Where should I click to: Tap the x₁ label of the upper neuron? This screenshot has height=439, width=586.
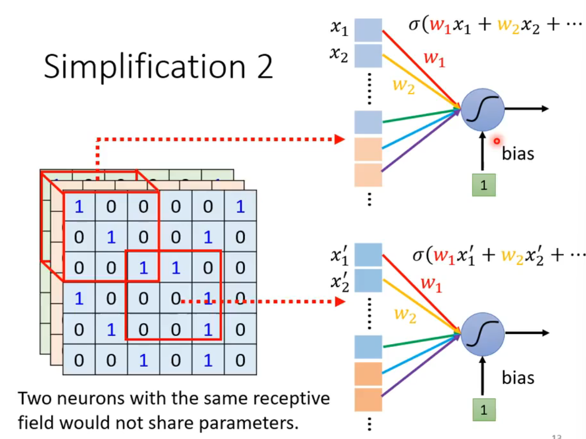(x=339, y=27)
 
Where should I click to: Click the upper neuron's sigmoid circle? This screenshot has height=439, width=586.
(x=482, y=109)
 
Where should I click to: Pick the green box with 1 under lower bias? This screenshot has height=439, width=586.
(x=483, y=410)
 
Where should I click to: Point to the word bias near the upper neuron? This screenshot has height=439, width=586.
(x=518, y=154)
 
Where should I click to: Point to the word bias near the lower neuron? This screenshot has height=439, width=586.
(x=518, y=377)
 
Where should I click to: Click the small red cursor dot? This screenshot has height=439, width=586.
(x=496, y=141)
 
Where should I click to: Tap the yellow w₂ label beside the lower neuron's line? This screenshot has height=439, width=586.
(x=404, y=314)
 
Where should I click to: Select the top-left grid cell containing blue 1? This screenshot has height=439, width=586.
(x=79, y=206)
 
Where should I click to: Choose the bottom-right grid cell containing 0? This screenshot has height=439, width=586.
(x=240, y=360)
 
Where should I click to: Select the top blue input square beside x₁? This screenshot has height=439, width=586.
(x=368, y=30)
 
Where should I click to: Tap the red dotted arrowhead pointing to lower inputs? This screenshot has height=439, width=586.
(x=340, y=302)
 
